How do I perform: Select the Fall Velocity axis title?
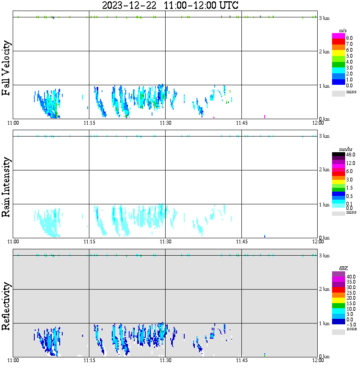tap(7, 68)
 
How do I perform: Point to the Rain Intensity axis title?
tap(7, 187)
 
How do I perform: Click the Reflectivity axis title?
tap(7, 307)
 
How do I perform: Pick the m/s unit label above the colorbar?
tap(343, 31)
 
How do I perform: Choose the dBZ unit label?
tap(343, 268)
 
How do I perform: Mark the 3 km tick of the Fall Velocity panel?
tap(324, 18)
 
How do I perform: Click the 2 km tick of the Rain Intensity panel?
tap(324, 170)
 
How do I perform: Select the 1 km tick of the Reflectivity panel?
tap(324, 324)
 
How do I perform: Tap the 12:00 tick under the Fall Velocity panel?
tap(318, 123)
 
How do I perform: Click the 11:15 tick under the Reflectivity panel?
tap(89, 361)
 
